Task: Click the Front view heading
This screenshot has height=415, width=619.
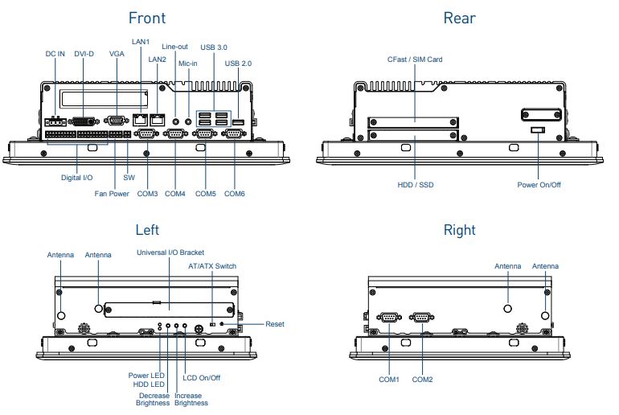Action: pos(146,18)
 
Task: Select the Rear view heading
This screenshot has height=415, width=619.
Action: pos(459,18)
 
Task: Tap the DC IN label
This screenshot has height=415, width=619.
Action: pos(55,54)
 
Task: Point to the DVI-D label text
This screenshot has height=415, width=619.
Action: pos(84,54)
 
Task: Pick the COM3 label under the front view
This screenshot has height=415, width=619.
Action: pos(147,194)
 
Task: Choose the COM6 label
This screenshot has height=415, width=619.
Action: pos(235,194)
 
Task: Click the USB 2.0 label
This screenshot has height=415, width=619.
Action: pos(238,64)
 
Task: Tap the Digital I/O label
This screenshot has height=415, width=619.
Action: pos(76,177)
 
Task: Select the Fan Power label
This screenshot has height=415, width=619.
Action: pos(111,194)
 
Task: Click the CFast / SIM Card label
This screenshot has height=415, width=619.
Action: pos(414,60)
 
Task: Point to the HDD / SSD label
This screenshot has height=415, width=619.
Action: pos(415,184)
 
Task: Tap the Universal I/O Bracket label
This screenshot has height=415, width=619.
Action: pos(170,253)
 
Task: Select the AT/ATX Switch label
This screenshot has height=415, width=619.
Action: pos(212,265)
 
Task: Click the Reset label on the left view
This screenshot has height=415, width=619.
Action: pos(274,324)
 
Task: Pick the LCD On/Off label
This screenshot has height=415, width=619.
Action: pos(201,378)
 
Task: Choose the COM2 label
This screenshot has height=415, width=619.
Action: pos(423,379)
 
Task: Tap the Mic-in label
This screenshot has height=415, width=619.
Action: pos(188,64)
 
